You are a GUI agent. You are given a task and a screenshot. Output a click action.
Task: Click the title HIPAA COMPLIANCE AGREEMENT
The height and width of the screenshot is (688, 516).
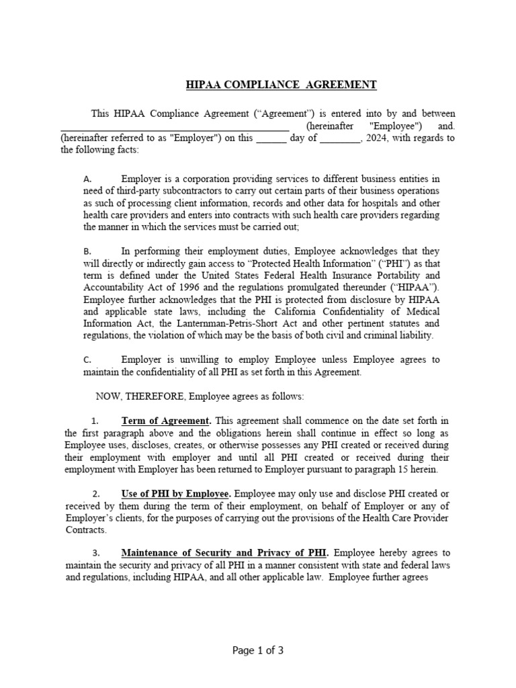281,85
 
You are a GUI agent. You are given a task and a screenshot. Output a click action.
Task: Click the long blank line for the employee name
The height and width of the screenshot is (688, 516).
175,126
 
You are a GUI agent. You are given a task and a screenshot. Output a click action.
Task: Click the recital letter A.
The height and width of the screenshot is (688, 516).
87,180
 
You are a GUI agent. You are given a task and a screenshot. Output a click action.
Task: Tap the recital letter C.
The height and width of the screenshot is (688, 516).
87,360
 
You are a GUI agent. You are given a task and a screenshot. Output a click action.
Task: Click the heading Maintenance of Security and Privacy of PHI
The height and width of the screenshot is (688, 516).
224,554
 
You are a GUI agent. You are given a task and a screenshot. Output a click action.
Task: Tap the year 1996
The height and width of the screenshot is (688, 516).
183,287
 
